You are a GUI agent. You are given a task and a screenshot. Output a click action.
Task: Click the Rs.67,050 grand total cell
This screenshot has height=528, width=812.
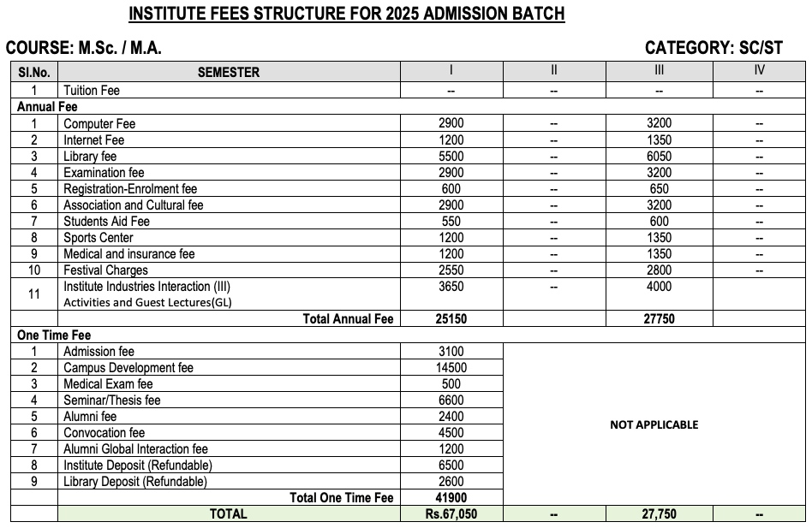tap(451, 513)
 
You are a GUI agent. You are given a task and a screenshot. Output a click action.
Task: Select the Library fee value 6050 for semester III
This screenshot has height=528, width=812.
tap(659, 157)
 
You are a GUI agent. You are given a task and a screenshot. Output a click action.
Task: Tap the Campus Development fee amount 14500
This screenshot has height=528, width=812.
tap(451, 368)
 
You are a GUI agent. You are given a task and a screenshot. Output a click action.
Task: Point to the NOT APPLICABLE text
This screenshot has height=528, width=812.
tap(654, 424)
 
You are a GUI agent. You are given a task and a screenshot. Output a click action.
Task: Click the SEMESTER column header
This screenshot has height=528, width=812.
tap(228, 73)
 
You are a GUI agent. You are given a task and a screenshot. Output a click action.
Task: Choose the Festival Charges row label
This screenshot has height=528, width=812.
tap(105, 270)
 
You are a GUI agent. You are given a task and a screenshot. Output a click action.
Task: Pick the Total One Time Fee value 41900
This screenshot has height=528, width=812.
tap(451, 497)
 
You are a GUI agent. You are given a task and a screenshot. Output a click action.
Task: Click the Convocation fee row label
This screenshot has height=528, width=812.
tap(104, 433)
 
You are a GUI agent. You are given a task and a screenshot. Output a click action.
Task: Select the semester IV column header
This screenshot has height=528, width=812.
tap(759, 70)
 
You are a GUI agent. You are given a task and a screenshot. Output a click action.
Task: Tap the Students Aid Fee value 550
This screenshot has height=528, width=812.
tap(451, 222)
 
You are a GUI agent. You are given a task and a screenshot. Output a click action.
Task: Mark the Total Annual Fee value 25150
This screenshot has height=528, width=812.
tap(451, 318)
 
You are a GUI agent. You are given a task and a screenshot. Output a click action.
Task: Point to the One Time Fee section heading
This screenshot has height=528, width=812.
tap(54, 335)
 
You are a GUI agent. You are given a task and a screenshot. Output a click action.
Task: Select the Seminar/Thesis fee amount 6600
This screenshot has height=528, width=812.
tap(451, 400)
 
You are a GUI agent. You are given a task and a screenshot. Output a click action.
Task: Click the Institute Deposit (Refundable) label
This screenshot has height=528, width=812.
tap(137, 466)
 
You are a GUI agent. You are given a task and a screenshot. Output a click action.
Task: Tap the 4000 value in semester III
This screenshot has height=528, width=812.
tap(659, 287)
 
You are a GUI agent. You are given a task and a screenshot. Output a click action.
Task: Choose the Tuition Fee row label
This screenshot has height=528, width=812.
tap(92, 90)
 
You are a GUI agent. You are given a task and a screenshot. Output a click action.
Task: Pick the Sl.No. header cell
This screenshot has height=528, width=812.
tap(35, 73)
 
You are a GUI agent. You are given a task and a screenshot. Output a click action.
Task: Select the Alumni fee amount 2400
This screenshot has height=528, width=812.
tap(451, 417)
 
